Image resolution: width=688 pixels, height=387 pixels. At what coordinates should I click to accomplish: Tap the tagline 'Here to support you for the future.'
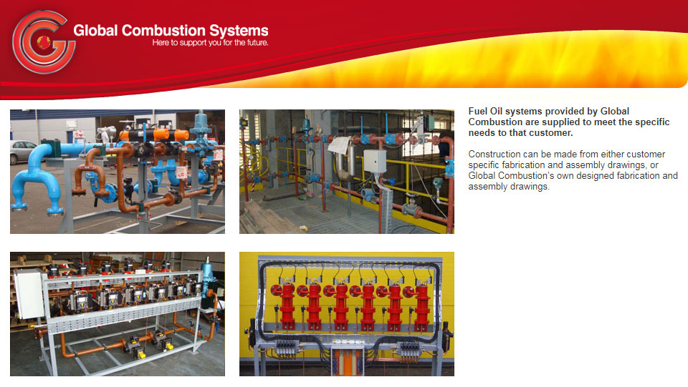(x=210, y=43)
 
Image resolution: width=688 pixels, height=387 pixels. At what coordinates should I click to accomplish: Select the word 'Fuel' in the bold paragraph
(x=478, y=111)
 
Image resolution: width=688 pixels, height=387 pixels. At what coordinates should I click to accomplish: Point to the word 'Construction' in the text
(x=494, y=154)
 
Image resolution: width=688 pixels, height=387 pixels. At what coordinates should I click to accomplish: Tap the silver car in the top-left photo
(x=21, y=152)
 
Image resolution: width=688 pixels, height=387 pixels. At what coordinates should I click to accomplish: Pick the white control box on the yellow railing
(x=374, y=161)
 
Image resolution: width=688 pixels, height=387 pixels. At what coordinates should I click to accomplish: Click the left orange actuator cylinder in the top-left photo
(x=133, y=134)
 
